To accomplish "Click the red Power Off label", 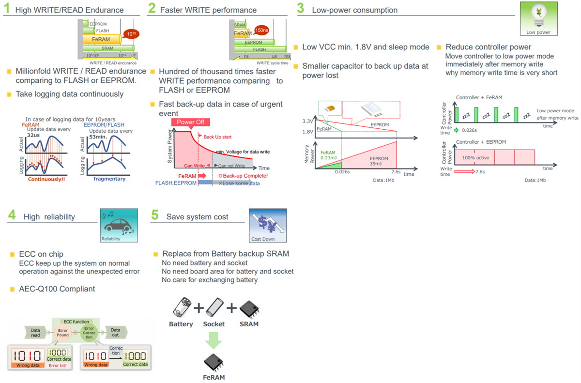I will click(x=190, y=122).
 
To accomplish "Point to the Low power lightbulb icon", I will click(x=538, y=18).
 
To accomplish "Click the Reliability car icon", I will click(x=118, y=225).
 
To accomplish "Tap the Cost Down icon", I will click(x=267, y=225).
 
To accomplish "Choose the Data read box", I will click(x=35, y=332).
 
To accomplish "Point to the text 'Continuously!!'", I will click(x=47, y=179).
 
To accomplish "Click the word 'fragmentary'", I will click(x=109, y=179).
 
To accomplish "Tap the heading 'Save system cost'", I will click(x=197, y=216).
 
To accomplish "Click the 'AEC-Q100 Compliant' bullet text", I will click(x=57, y=289).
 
